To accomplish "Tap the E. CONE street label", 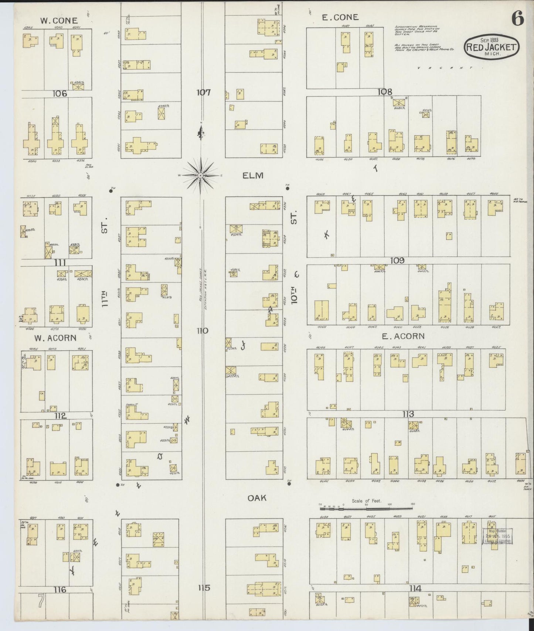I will click(x=340, y=17).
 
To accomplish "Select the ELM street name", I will click(x=253, y=176).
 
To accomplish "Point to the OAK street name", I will click(x=257, y=498).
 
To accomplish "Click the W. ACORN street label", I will click(x=55, y=338).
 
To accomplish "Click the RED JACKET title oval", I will click(x=492, y=47).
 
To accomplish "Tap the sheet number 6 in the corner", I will click(x=518, y=18).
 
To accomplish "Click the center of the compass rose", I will click(x=200, y=175).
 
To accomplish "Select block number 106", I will click(x=59, y=93).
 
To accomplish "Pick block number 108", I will click(x=384, y=92).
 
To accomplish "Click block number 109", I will click(x=397, y=261).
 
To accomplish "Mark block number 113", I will click(x=408, y=414).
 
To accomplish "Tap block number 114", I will click(x=415, y=588).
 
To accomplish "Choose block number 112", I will click(x=60, y=416).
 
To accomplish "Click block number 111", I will click(x=60, y=263).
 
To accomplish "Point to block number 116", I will click(x=60, y=590).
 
